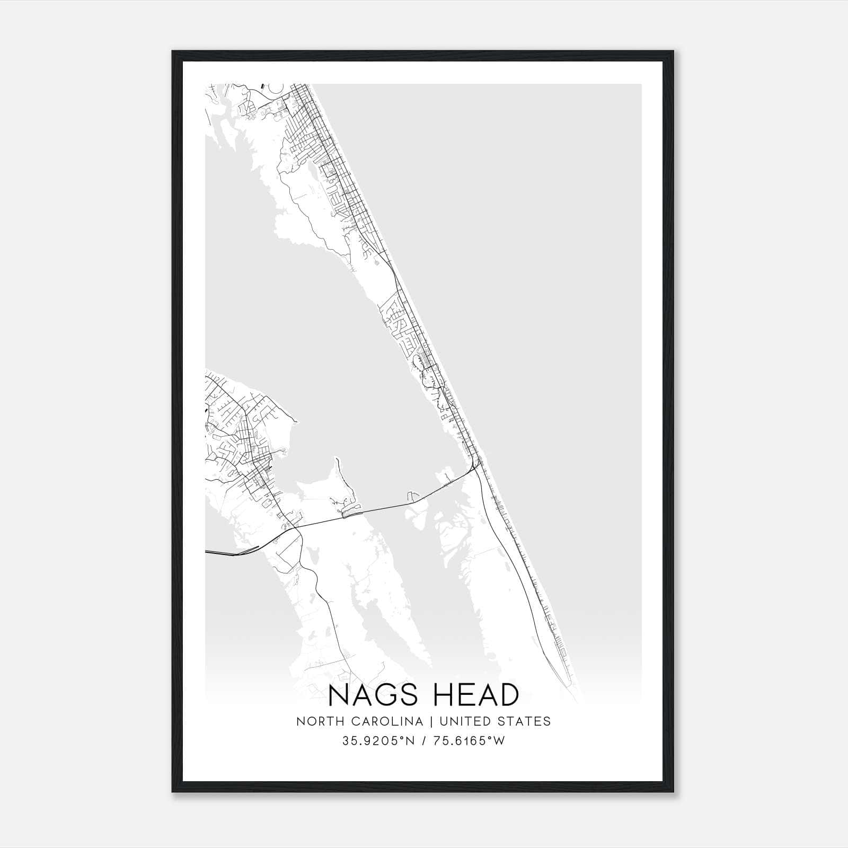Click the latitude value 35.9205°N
pyautogui.click(x=377, y=741)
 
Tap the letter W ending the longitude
pyautogui.click(x=499, y=741)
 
